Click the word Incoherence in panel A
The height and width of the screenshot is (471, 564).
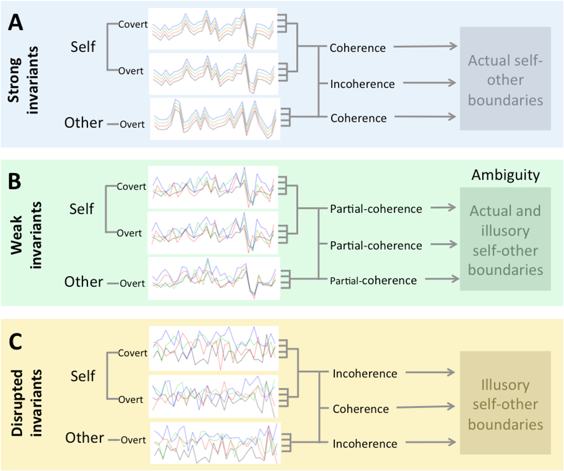coord(362,84)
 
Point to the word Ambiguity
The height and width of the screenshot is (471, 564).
coord(505,175)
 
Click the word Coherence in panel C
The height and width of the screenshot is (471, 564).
coord(360,408)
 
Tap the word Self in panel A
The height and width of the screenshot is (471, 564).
coord(83,47)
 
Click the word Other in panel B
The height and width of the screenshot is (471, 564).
coord(84,281)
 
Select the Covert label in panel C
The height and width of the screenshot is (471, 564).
coord(133,353)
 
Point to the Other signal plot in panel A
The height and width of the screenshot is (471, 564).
coord(215,118)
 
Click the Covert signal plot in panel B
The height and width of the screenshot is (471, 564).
coord(212,186)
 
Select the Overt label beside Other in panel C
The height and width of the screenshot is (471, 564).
coord(133,439)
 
